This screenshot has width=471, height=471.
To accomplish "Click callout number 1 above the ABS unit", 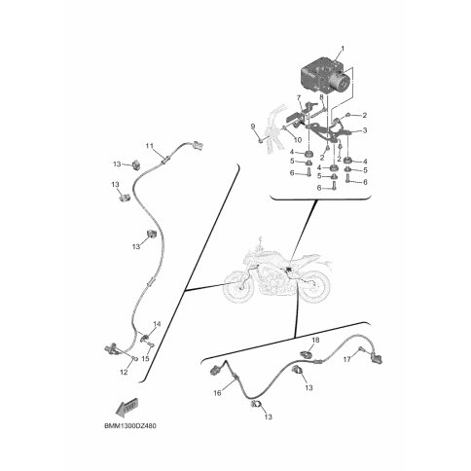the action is click(x=343, y=49).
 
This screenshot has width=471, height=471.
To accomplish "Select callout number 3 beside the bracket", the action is click(x=365, y=130).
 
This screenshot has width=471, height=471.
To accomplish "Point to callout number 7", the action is click(x=299, y=97).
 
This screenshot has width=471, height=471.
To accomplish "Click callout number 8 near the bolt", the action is click(x=321, y=97).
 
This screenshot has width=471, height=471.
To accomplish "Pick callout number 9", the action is click(x=253, y=127).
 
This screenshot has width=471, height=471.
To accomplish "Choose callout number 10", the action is click(x=298, y=140).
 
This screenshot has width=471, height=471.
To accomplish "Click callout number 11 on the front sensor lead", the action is click(x=149, y=146).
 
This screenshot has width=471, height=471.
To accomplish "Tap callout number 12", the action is click(x=124, y=373).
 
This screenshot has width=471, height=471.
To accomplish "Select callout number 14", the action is click(x=157, y=324).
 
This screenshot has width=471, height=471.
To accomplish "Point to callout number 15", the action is click(x=145, y=359).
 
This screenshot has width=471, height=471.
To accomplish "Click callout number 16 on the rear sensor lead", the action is click(x=217, y=393).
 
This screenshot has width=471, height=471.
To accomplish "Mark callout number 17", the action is click(x=347, y=359).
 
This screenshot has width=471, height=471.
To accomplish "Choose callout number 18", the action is click(x=315, y=340).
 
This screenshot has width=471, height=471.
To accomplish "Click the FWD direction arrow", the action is click(x=127, y=407).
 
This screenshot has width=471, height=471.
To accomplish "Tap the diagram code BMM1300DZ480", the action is click(x=130, y=426).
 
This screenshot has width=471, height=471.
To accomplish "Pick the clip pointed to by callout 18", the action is click(x=307, y=353).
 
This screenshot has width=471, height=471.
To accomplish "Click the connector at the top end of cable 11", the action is click(x=198, y=145).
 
